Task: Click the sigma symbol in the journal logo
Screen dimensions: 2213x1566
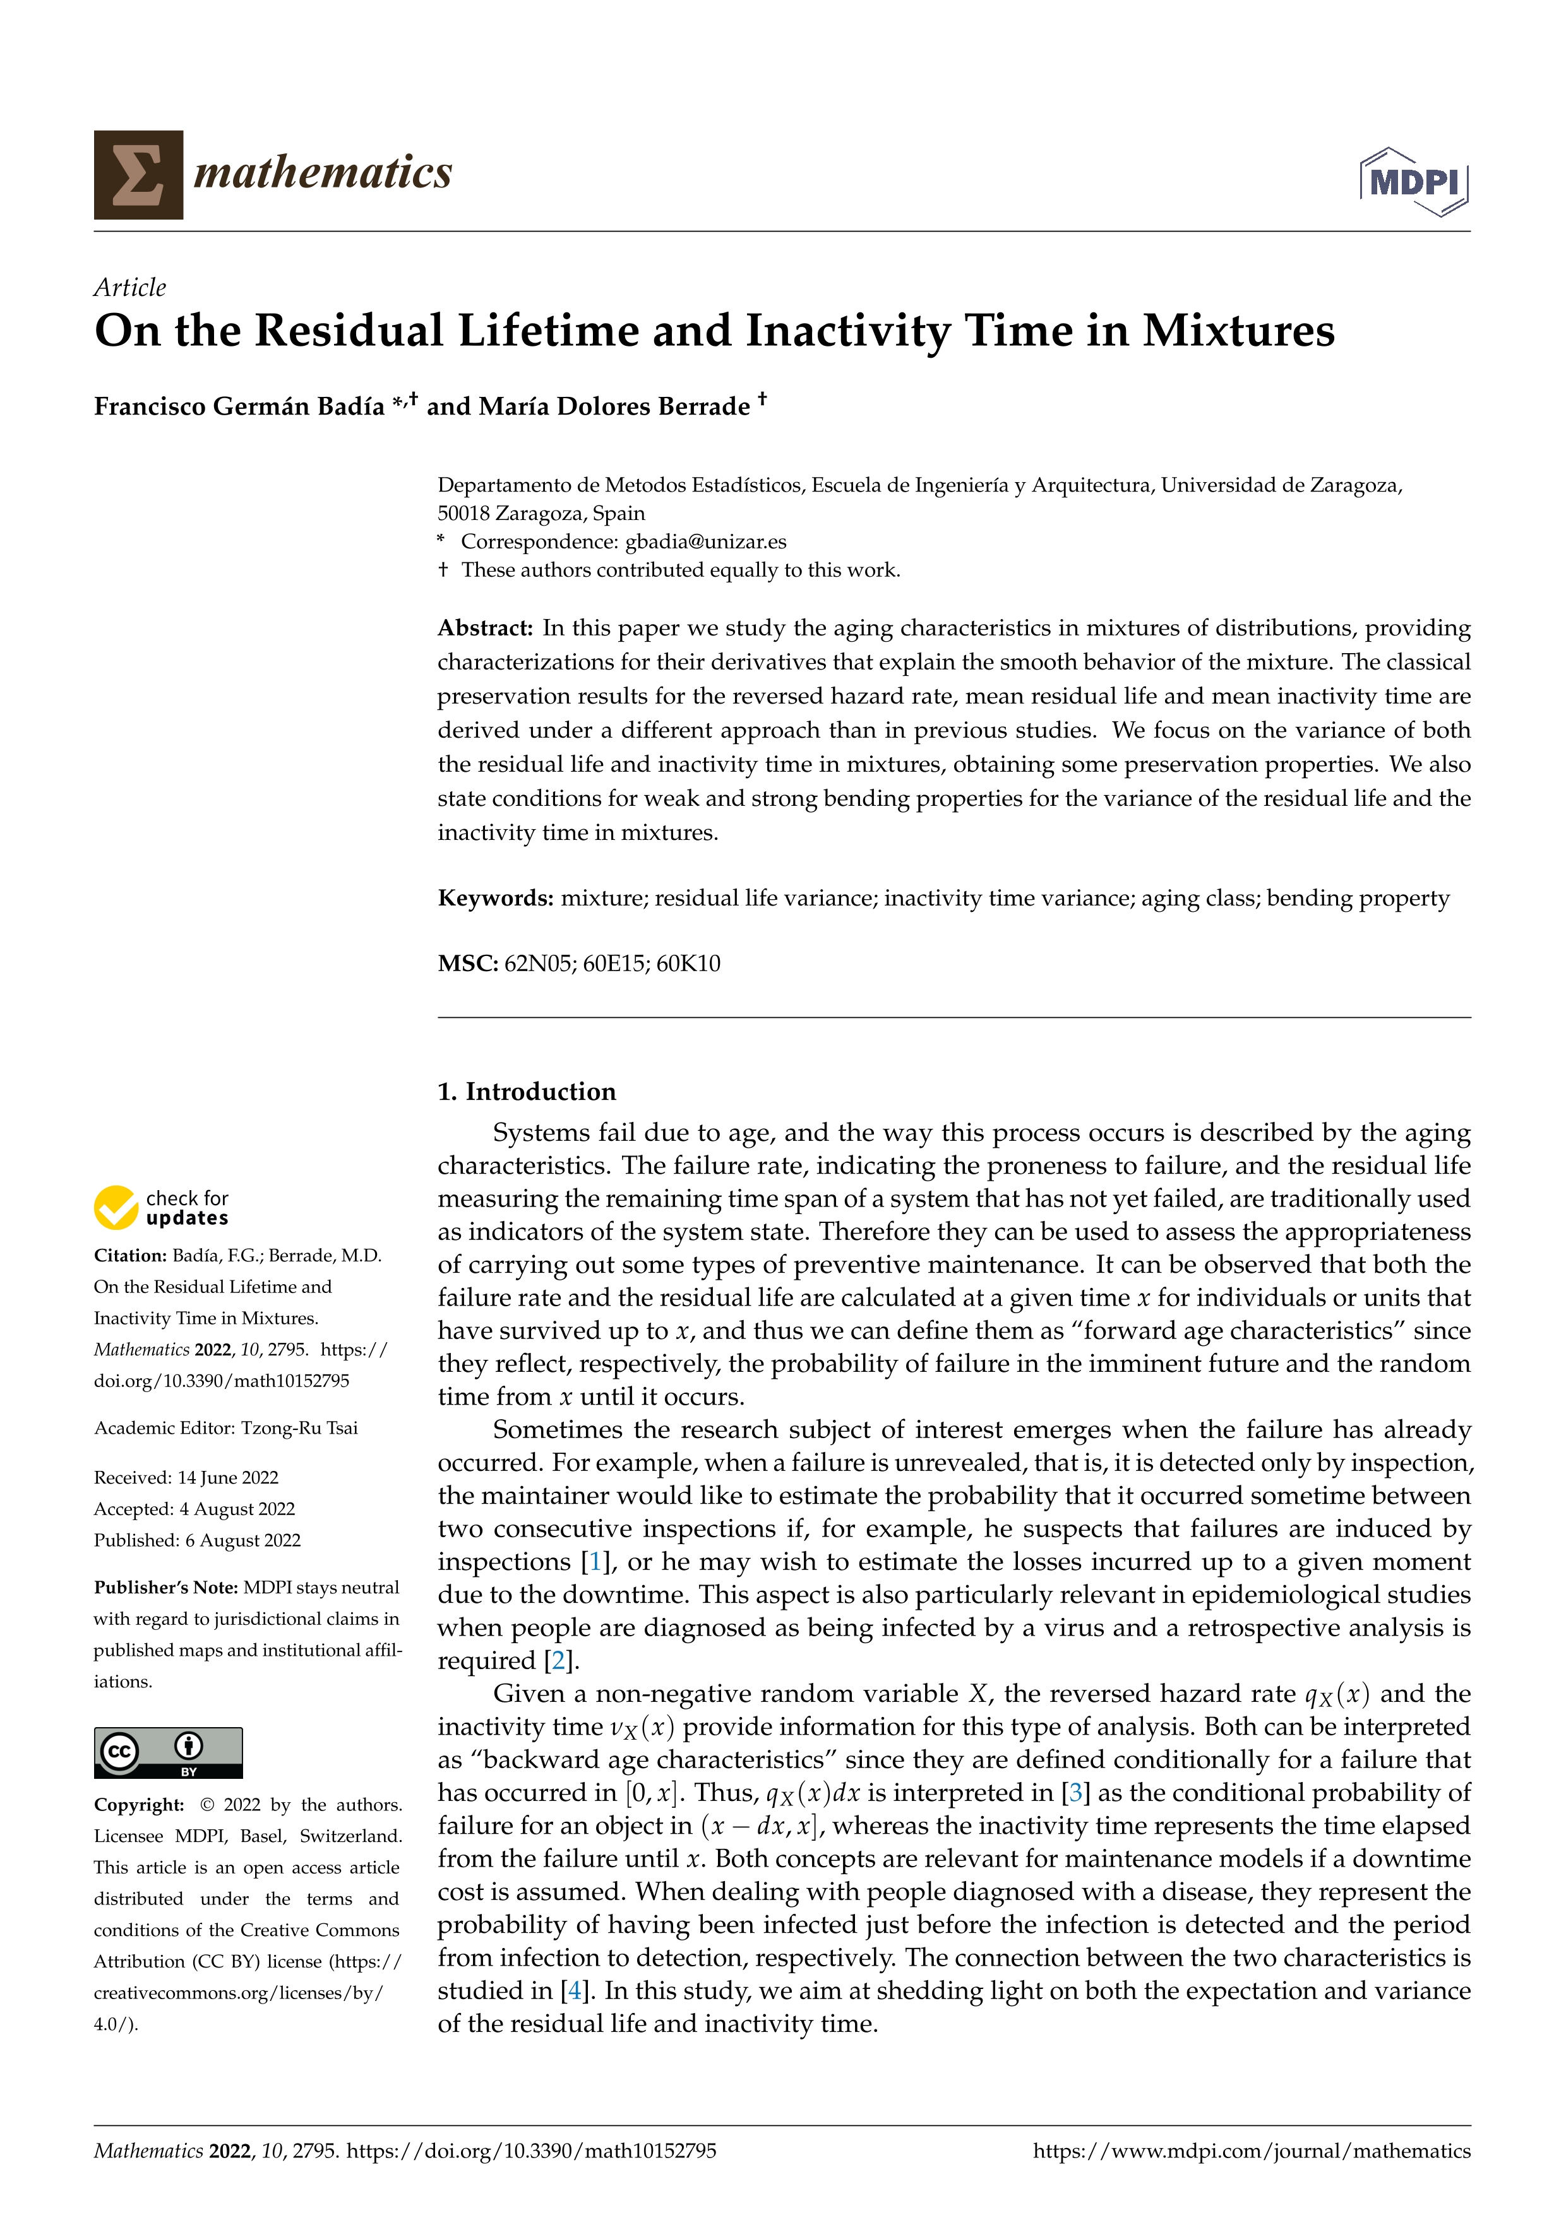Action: coord(138,174)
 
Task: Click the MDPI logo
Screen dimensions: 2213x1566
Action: coord(1414,180)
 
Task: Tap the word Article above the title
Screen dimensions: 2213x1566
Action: coord(129,287)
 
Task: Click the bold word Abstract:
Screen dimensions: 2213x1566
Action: coord(485,628)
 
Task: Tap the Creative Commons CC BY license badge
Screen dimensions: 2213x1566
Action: coord(168,1752)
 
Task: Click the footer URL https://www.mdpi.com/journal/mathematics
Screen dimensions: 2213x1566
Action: coord(1251,2151)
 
